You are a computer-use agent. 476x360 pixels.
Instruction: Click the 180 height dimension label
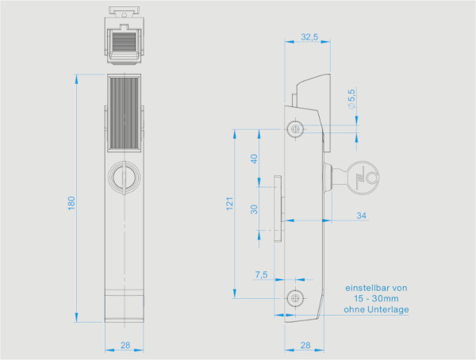tap(71, 203)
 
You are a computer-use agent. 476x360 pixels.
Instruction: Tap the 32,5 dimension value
tap(309, 36)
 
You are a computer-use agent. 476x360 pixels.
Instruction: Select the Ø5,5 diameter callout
tap(351, 99)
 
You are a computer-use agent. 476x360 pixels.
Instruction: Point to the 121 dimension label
tap(229, 203)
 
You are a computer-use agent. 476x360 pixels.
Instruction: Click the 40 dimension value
tap(254, 159)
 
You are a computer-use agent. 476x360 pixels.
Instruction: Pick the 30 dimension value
tap(254, 209)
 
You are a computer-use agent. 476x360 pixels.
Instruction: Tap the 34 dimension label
tap(361, 216)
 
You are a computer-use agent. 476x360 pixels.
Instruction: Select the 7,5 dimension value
tap(261, 274)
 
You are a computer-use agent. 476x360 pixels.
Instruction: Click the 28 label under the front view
tap(125, 345)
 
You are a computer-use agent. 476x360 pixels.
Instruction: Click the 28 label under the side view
tap(305, 345)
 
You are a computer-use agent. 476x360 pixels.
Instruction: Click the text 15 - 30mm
tap(376, 298)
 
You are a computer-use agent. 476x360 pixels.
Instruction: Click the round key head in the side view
tap(363, 178)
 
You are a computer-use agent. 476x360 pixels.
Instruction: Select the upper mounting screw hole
tap(295, 129)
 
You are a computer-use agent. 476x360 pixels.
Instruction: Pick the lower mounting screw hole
tap(295, 298)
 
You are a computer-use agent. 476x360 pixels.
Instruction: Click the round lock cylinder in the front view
tap(125, 178)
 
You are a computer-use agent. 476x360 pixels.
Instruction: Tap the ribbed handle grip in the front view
tap(124, 113)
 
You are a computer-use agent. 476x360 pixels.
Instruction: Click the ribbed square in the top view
tap(125, 41)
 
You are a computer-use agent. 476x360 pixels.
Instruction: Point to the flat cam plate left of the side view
tap(278, 209)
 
